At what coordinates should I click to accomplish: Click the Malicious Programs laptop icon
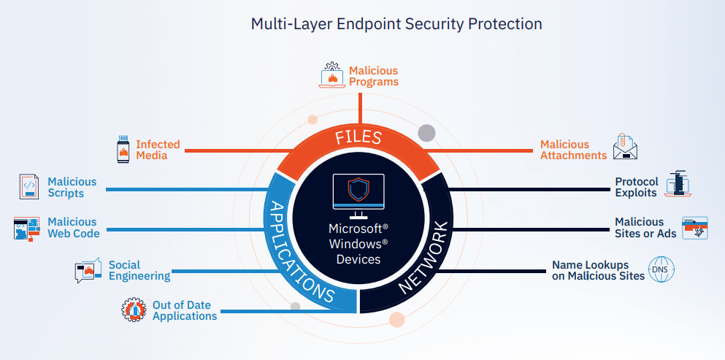[332, 76]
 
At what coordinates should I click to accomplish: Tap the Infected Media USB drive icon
[123, 149]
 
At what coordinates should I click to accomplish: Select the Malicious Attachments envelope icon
[625, 147]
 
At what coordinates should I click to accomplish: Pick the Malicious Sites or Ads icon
[694, 228]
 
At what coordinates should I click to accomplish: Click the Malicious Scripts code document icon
[28, 187]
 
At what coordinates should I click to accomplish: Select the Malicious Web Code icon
[27, 229]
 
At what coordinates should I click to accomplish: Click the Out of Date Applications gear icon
[134, 310]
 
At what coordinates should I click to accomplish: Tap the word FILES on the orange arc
[358, 137]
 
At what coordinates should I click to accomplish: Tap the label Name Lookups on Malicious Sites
[598, 270]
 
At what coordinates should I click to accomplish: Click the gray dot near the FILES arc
[426, 133]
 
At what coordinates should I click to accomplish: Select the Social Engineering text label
[139, 270]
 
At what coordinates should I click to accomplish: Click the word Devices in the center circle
[358, 259]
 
